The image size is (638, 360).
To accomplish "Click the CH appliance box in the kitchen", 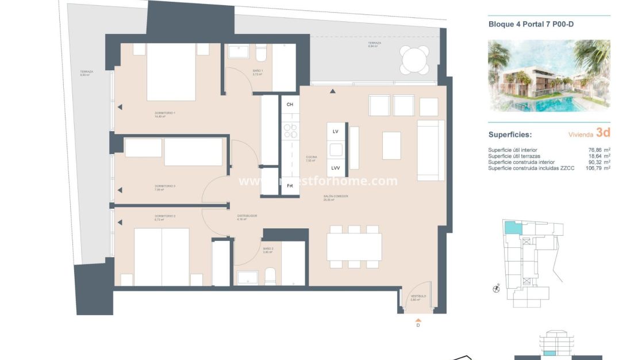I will pos(290,104).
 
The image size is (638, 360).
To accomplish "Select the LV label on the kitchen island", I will pos(336,132).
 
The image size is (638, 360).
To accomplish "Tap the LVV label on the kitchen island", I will pos(336,168).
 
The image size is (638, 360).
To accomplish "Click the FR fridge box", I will pos(290,186).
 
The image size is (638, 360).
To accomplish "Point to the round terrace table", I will pos(414,60).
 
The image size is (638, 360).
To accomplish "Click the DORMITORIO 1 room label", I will pos(164,113).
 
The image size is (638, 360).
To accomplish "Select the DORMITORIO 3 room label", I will pos(164,186).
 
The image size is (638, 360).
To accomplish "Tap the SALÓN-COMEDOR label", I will pos(336,197).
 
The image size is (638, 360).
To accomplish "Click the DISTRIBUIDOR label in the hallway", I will pos(247,216).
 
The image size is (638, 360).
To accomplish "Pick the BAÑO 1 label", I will pos(257,71).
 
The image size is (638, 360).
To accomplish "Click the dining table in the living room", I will pos(354,247).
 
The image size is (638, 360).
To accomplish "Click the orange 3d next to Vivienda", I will pos(602,133).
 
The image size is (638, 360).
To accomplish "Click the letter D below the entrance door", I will pos(418,325).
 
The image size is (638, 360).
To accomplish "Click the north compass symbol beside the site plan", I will pos(496,289).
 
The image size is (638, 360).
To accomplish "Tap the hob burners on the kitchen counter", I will pos(290,131).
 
